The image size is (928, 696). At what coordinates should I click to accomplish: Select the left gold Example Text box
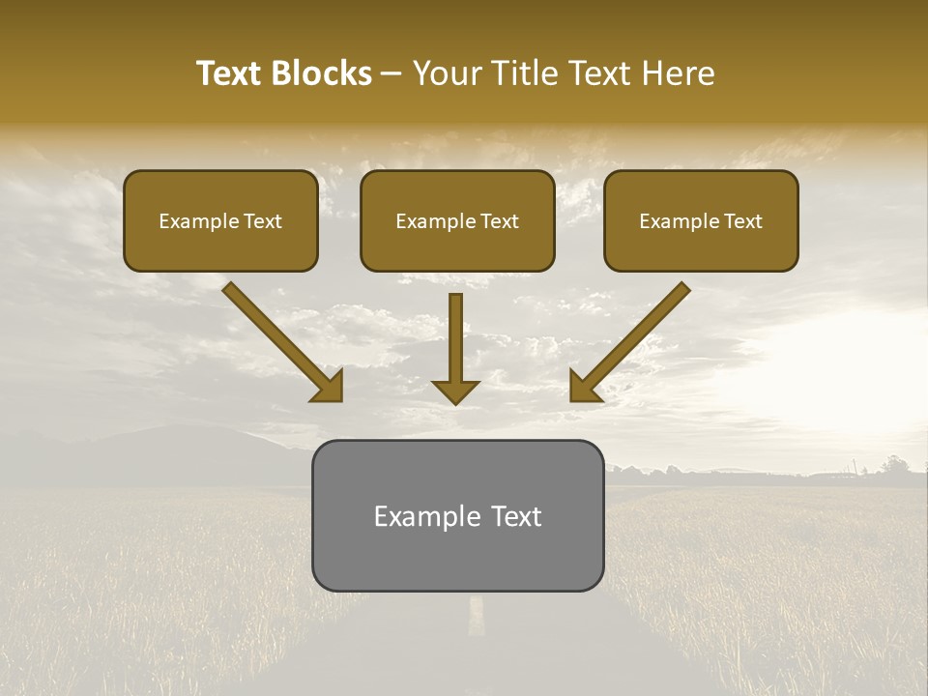220,220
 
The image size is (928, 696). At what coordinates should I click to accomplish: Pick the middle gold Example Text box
457,220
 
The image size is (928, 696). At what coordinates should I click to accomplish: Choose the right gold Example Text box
701,220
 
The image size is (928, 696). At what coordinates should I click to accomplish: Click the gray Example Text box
457,515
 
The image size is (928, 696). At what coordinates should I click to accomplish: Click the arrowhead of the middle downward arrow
455,391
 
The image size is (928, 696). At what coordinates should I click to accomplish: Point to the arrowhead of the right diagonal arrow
584,387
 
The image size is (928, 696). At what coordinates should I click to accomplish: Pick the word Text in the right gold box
742,221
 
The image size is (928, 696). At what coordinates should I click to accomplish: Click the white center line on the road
476,616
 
